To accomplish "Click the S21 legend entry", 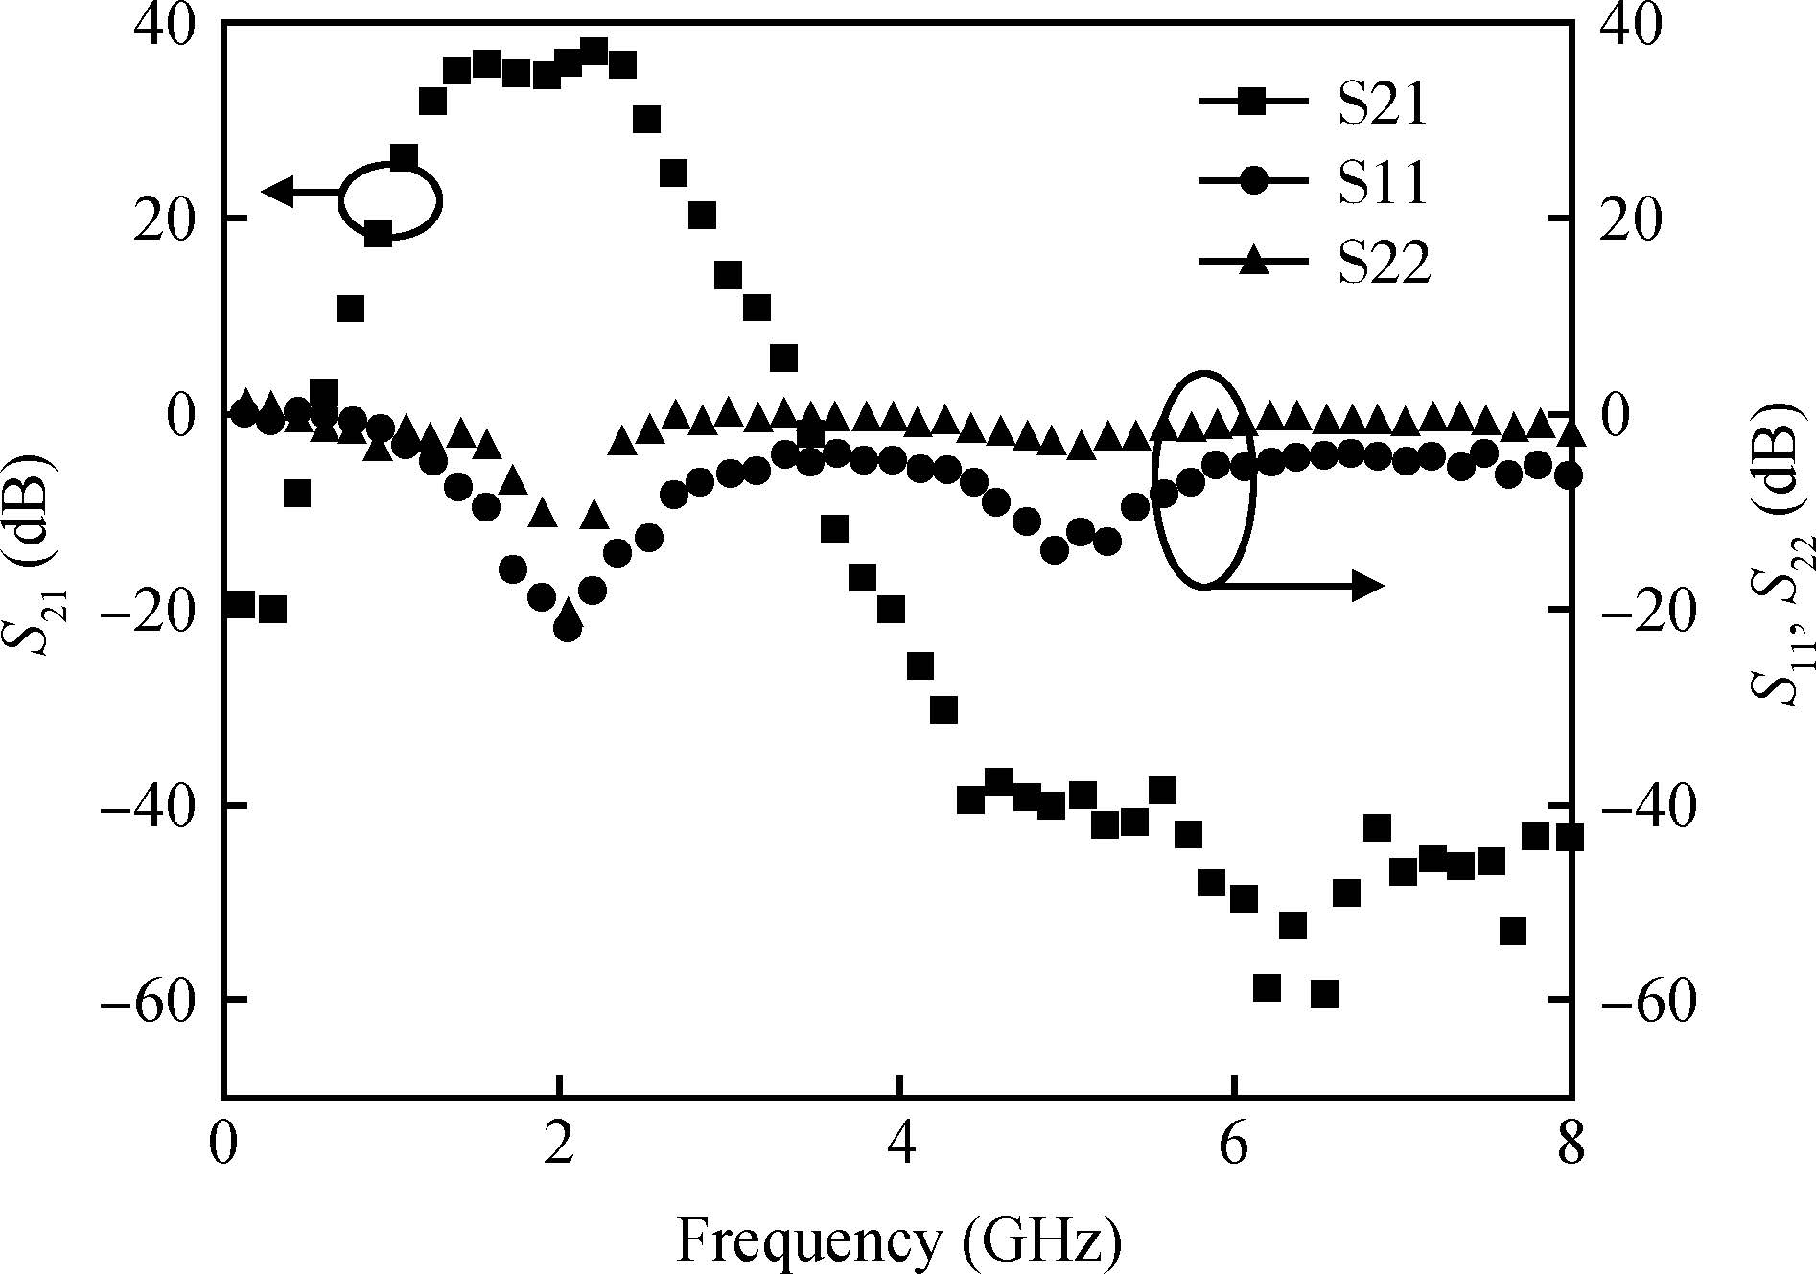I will [x=1314, y=104].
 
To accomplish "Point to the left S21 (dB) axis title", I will [x=34, y=557].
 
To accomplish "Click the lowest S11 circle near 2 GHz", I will [x=568, y=629].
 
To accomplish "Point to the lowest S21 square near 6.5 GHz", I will [x=1324, y=993].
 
